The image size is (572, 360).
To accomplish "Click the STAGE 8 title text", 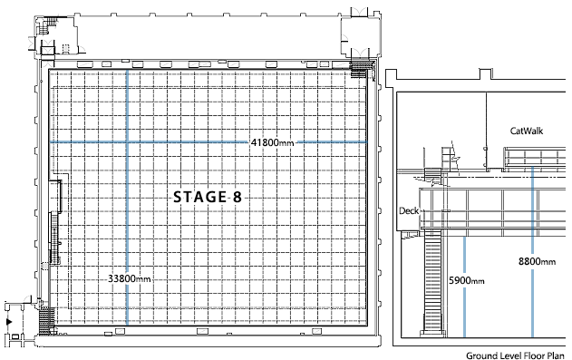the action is tap(208, 198).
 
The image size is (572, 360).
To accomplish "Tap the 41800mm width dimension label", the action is tap(272, 142).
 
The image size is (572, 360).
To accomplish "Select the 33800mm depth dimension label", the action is tap(129, 279).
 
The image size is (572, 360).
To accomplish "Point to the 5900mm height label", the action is tap(467, 280).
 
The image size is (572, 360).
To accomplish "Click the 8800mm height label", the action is tap(537, 261).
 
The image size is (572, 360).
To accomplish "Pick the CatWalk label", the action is tap(527, 131).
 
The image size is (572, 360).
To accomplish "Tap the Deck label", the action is tap(409, 210).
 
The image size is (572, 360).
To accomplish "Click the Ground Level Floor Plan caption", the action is tap(515, 355).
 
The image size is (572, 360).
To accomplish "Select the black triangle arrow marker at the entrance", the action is tap(9, 322).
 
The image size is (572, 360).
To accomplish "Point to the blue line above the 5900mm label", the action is tap(464, 256).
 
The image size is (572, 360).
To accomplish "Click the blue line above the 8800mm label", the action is tap(533, 210).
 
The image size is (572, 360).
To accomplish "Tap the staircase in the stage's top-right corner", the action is tap(358, 69).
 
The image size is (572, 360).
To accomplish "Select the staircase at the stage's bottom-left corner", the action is tap(47, 320).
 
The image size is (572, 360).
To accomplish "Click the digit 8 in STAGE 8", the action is tap(238, 198).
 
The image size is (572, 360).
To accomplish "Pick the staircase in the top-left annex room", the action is tap(48, 25).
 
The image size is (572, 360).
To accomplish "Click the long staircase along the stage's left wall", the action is tap(54, 238).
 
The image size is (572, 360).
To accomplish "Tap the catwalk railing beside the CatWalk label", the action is tap(535, 158).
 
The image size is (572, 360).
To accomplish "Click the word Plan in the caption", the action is tap(556, 355).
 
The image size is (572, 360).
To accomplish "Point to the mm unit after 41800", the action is tap(286, 143).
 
